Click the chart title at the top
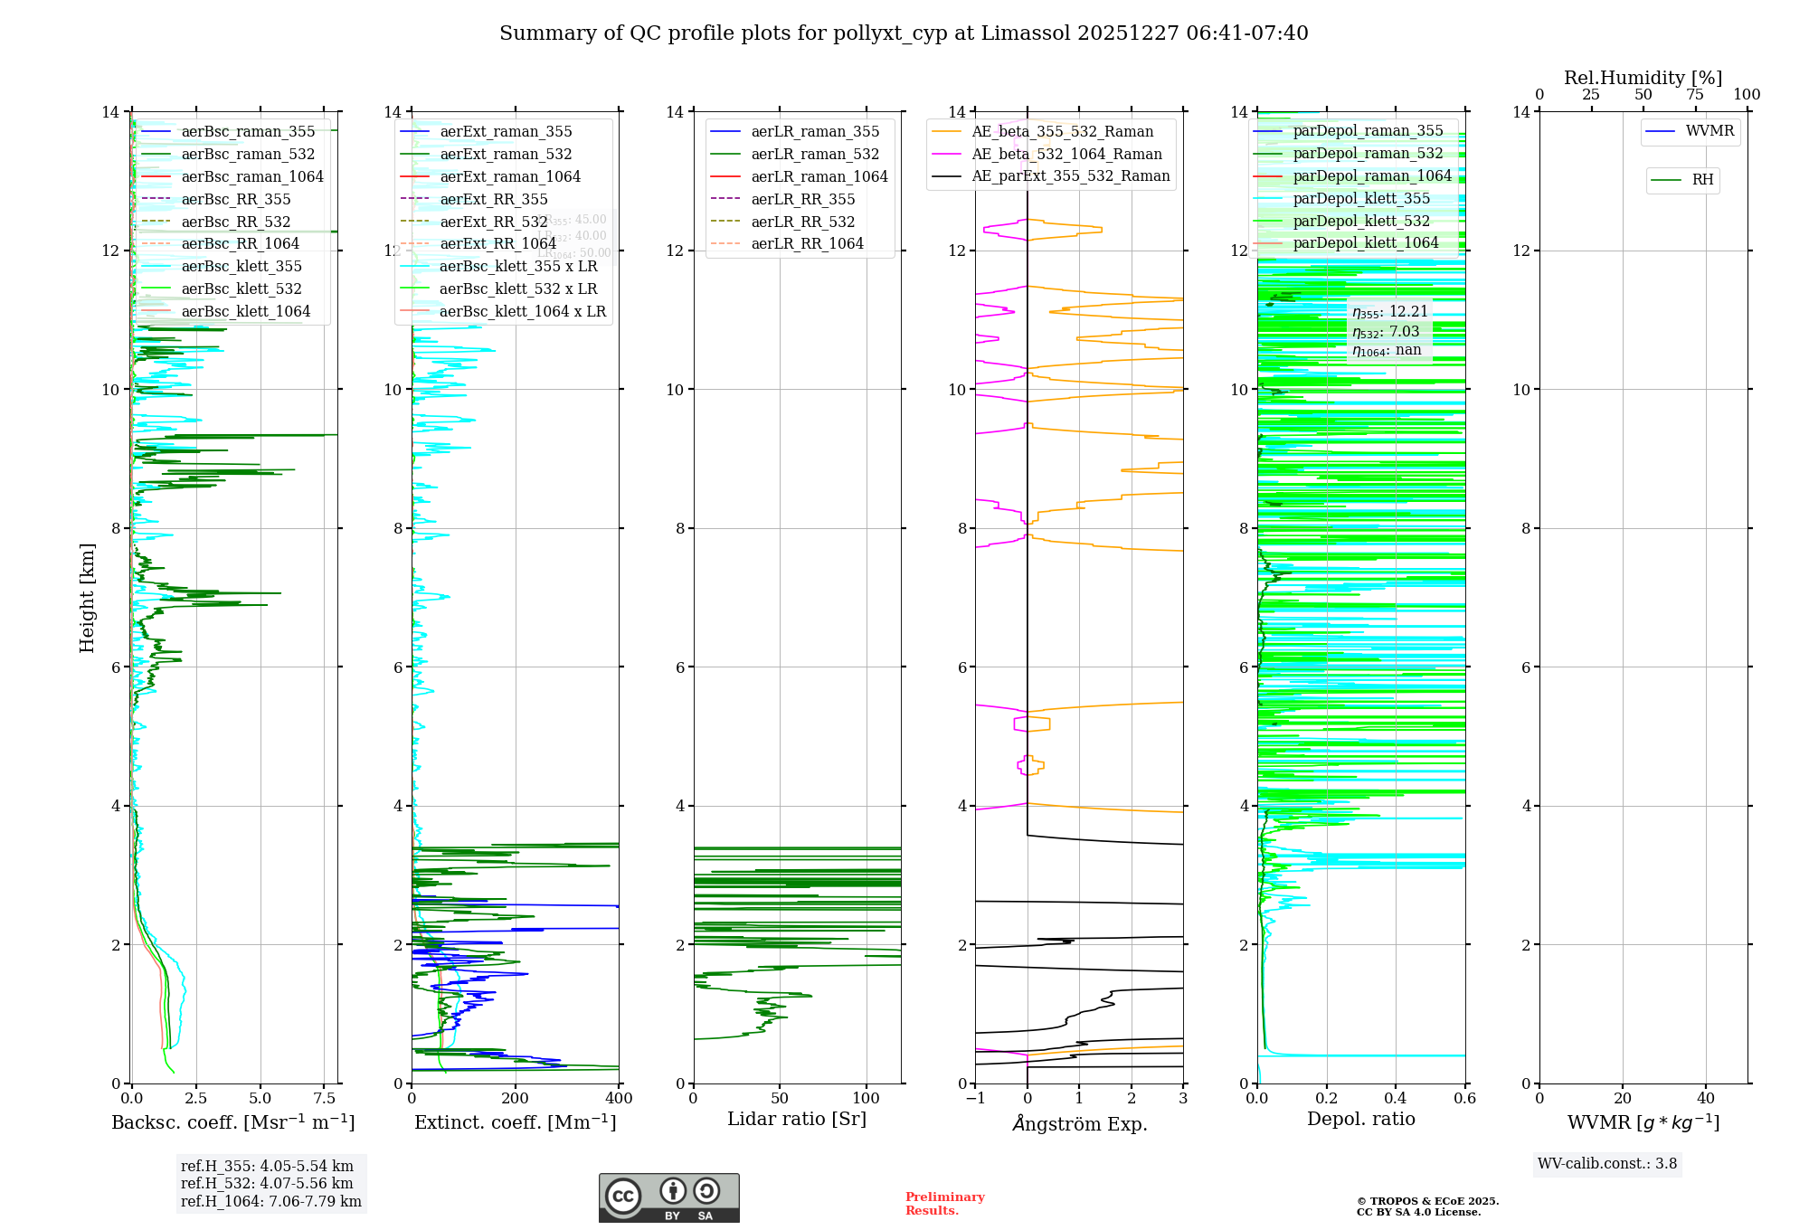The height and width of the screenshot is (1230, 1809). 904,33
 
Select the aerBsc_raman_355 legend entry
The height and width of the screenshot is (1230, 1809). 248,132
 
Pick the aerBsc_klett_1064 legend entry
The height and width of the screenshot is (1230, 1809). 245,311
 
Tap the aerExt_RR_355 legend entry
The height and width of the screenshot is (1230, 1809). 493,199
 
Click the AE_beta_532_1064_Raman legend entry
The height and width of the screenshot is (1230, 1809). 1066,154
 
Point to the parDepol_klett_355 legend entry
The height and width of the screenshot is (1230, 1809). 1361,199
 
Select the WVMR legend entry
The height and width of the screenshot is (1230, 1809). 1710,131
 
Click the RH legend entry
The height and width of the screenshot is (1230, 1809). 1702,180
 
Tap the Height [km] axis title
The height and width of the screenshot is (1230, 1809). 87,598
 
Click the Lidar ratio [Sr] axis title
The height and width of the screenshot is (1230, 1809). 796,1119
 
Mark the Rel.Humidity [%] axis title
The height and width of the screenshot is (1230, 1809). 1643,78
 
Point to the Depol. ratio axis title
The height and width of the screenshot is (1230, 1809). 1360,1119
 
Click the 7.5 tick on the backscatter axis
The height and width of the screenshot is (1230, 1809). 325,1099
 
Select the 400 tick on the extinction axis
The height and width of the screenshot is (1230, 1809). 619,1099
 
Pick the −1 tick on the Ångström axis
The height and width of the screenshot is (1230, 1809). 975,1099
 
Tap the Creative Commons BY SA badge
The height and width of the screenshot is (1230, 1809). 668,1198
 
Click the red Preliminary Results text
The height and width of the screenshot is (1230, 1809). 944,1204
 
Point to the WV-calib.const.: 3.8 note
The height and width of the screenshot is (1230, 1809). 1607,1164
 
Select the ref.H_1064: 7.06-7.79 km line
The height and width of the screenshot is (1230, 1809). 270,1202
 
